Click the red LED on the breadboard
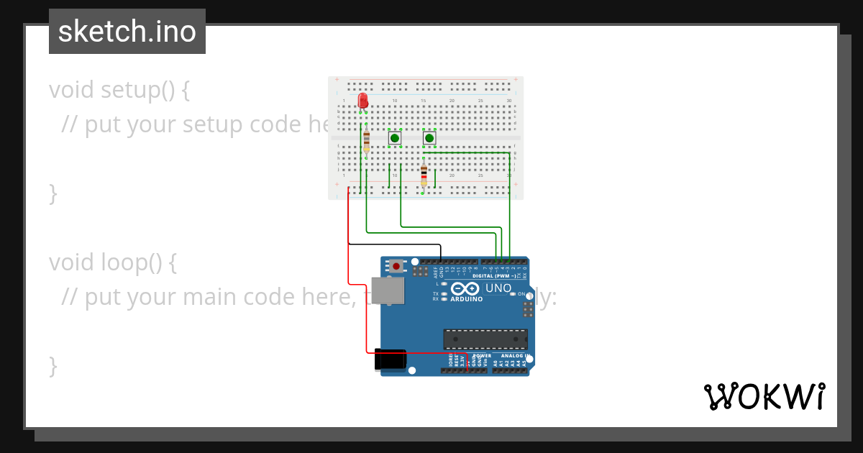363,100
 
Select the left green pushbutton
395,137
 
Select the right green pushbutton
429,137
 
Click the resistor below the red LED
367,140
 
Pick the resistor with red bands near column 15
424,174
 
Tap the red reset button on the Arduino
395,265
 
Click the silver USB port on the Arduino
387,291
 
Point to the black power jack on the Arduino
390,360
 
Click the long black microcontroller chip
485,339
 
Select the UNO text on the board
498,288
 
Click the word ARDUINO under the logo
469,298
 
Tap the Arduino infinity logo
469,288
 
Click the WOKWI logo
764,396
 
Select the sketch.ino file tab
127,32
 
